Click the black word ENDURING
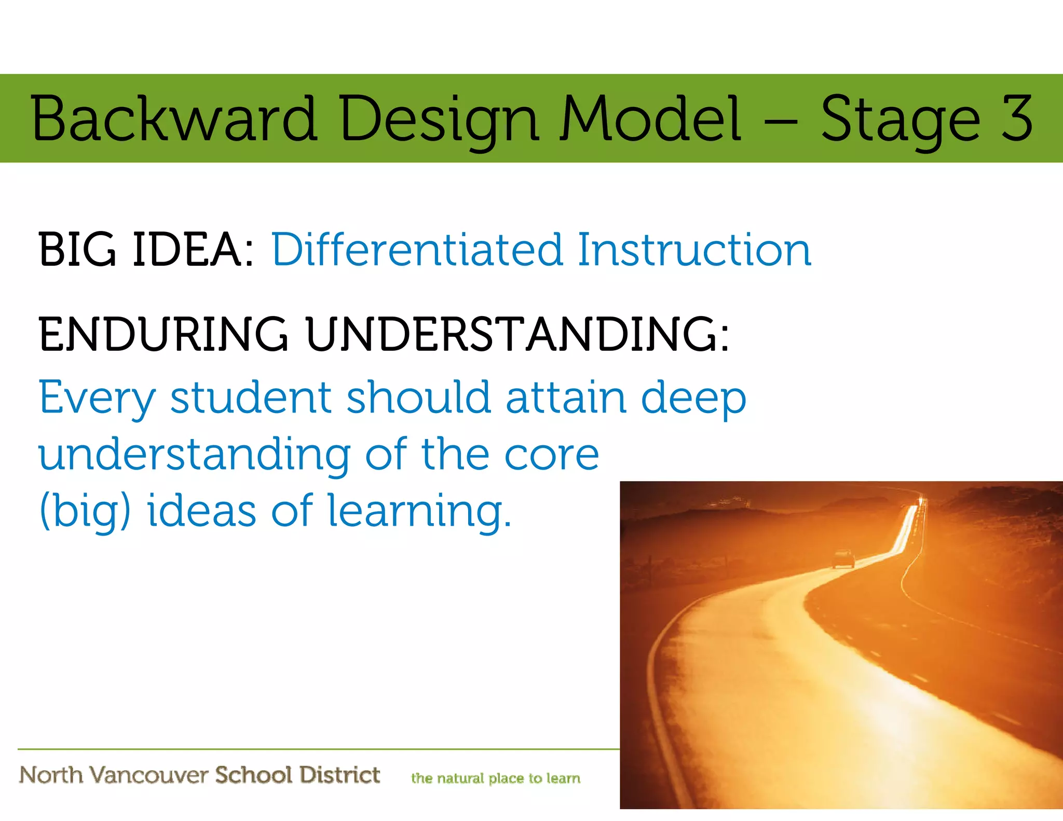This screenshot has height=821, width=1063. (x=163, y=335)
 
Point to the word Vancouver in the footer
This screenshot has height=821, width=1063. (x=148, y=775)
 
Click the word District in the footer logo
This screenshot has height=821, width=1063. (x=339, y=775)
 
